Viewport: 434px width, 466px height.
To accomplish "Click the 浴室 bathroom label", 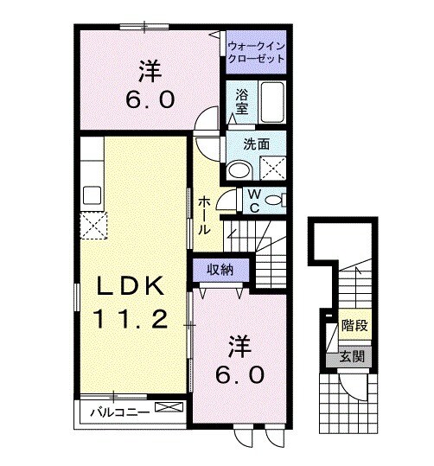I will coord(242,103).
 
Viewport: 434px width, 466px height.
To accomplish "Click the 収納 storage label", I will coord(220,269).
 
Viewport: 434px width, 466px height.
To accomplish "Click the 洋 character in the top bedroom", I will coord(150,69).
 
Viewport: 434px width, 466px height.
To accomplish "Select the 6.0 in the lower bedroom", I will coord(233,376).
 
